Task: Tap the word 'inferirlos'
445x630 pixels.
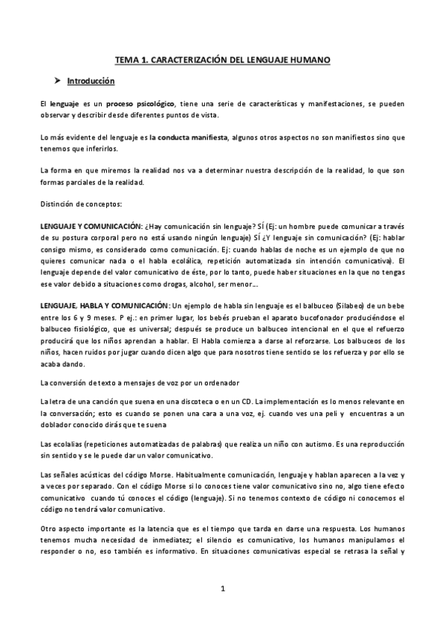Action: pyautogui.click(x=108, y=149)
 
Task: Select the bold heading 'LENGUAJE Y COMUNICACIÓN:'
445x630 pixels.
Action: pyautogui.click(x=91, y=226)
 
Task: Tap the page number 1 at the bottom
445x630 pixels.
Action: pyautogui.click(x=222, y=589)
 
